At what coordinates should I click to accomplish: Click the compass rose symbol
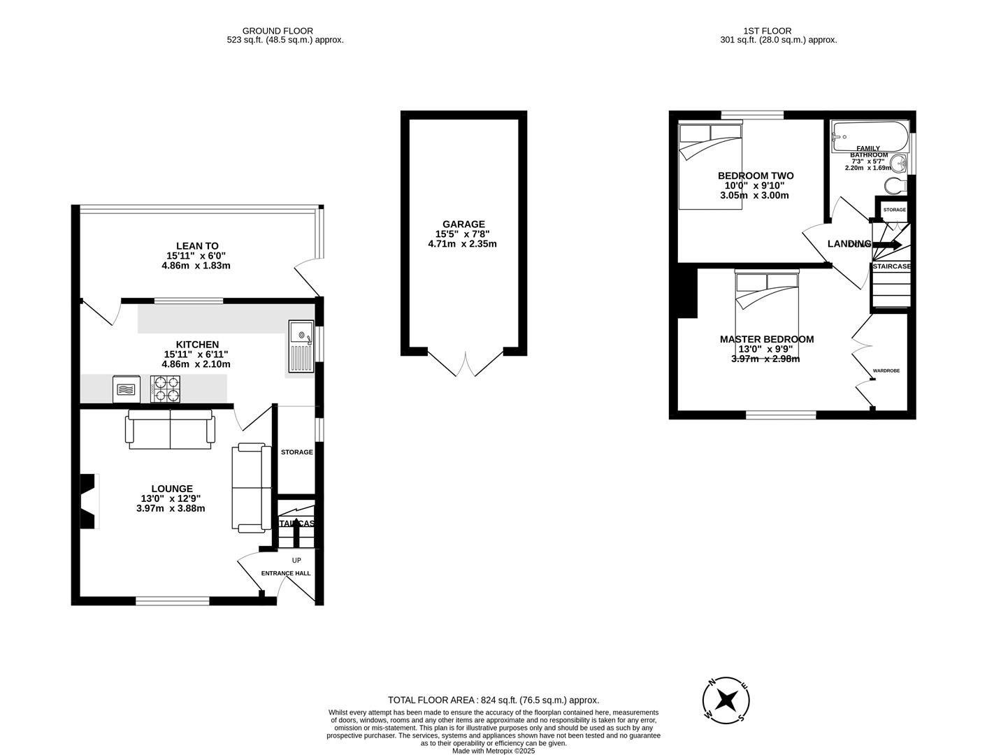tap(727, 699)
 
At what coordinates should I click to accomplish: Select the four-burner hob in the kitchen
tap(165, 389)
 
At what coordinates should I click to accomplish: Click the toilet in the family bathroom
tap(895, 185)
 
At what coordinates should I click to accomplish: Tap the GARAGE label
tap(462, 224)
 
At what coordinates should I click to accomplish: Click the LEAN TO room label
tap(197, 246)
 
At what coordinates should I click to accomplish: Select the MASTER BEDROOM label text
tap(767, 339)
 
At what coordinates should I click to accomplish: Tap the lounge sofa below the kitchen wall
tap(170, 428)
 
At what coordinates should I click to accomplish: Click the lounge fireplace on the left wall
tap(88, 502)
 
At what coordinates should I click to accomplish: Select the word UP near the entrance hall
tap(296, 560)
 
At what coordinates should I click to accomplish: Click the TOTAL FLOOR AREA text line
tap(493, 700)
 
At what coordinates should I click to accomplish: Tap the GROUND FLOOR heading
tap(278, 31)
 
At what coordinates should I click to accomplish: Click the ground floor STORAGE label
tap(297, 452)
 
